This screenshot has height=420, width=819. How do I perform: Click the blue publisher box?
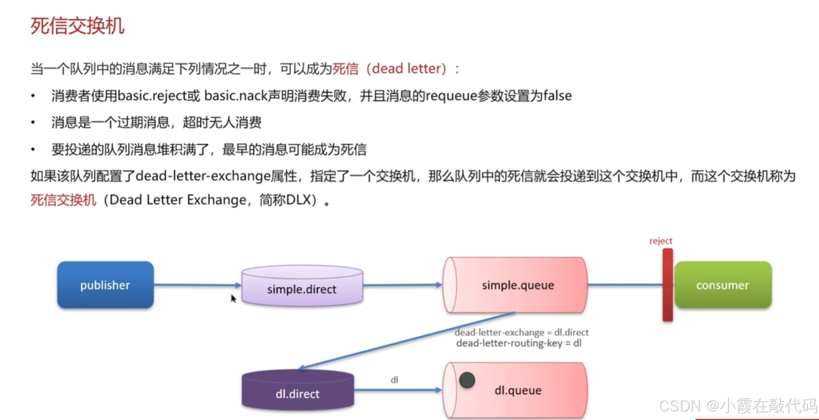(105, 285)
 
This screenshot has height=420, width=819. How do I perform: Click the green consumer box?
(723, 285)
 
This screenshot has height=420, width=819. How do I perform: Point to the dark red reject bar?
(668, 285)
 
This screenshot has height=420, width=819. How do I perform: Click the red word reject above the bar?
(661, 241)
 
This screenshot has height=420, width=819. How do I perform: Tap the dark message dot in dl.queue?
(467, 380)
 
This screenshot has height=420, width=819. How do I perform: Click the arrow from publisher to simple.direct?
(197, 285)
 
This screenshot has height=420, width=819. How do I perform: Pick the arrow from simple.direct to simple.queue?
(402, 285)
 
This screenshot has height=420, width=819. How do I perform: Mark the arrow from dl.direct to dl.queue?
(398, 390)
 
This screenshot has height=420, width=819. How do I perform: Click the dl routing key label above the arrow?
(394, 380)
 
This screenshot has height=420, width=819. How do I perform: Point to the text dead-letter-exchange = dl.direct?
(521, 333)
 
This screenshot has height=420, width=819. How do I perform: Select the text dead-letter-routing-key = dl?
(519, 343)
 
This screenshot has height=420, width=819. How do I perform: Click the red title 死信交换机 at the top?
(77, 26)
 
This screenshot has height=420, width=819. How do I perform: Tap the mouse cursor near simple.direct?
(233, 299)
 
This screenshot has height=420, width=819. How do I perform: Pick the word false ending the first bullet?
(557, 96)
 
